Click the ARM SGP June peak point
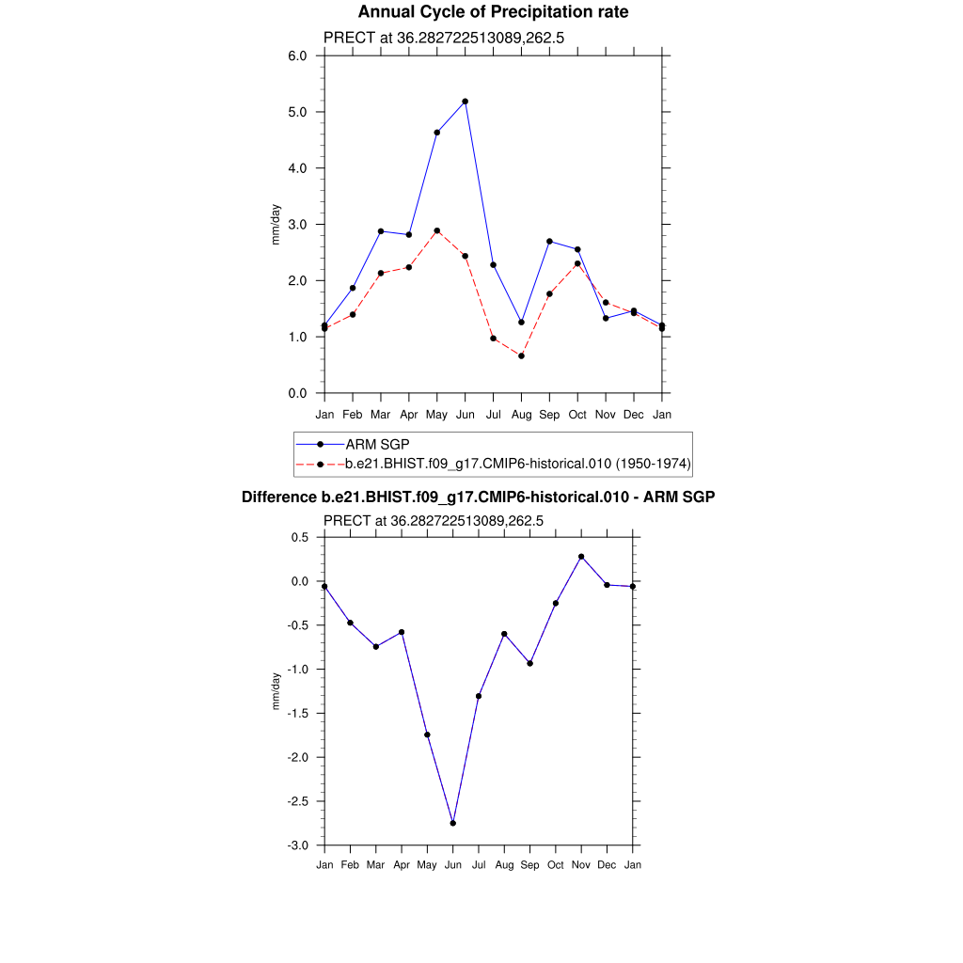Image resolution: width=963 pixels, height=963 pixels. click(x=465, y=102)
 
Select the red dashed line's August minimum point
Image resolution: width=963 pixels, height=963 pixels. click(x=521, y=355)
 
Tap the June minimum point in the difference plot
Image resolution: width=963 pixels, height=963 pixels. click(x=453, y=823)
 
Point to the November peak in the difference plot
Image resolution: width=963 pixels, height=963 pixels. click(x=581, y=557)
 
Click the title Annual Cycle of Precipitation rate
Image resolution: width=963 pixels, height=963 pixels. click(x=493, y=12)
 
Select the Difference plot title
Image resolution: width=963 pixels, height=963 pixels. click(x=479, y=497)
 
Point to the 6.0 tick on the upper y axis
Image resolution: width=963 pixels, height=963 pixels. click(x=297, y=55)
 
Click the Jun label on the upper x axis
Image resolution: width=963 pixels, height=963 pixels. click(x=465, y=414)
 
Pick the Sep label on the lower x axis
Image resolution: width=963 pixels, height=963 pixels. click(x=530, y=865)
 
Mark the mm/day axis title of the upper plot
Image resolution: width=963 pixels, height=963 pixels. click(x=276, y=225)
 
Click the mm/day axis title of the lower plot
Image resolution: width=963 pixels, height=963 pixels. click(x=276, y=691)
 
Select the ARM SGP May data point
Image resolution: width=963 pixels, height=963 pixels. click(x=436, y=133)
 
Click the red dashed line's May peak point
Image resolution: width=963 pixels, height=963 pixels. click(x=436, y=230)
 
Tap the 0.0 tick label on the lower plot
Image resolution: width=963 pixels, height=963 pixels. click(x=300, y=581)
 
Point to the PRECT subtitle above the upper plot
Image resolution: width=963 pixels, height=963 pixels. click(x=443, y=38)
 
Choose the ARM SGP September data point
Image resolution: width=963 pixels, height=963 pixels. click(x=549, y=242)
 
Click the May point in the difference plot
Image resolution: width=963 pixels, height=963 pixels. click(x=427, y=734)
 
